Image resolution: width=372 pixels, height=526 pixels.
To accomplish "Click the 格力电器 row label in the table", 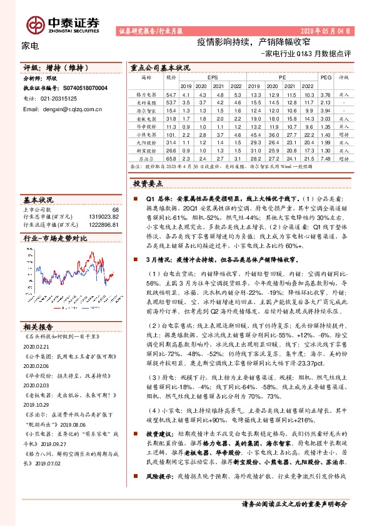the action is pyautogui.click(x=146, y=93).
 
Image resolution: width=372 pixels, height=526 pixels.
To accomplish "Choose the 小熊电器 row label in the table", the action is pyautogui.click(x=146, y=134).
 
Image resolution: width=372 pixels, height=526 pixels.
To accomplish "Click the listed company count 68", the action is pyautogui.click(x=114, y=210).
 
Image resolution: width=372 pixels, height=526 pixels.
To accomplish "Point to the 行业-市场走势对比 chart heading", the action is pyautogui.click(x=55, y=239).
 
